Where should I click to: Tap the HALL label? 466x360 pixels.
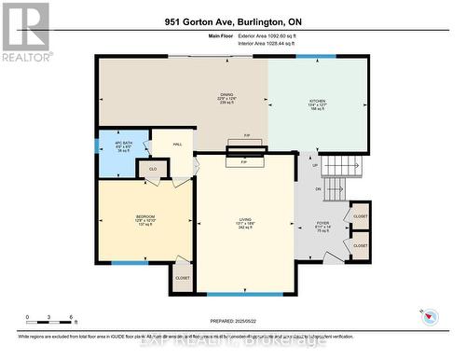coord(176,144)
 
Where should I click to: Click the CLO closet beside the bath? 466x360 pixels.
coord(153,169)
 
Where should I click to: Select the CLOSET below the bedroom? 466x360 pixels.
coord(183,277)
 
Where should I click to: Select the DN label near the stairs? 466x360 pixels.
coord(318,189)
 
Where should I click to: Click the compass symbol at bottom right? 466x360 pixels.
coord(430,315)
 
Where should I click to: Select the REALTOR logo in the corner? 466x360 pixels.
coord(24,32)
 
